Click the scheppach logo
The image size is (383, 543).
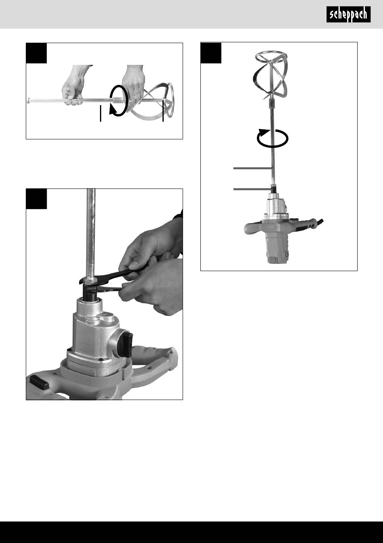(348, 15)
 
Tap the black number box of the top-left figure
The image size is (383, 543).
(36, 53)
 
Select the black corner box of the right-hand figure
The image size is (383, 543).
(211, 53)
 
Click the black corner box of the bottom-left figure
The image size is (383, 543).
(36, 199)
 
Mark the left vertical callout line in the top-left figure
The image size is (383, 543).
(100, 114)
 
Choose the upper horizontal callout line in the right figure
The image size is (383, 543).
(252, 168)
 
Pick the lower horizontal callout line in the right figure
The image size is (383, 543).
(252, 189)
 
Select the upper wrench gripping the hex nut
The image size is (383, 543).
(114, 274)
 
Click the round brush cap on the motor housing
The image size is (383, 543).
(285, 255)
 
